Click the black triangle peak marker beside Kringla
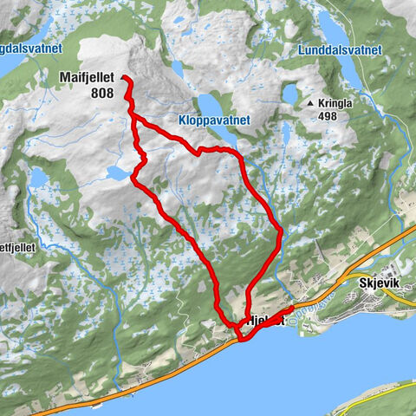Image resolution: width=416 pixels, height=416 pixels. [x=310, y=104]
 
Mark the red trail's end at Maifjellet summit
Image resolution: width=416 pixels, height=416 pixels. [x=124, y=78]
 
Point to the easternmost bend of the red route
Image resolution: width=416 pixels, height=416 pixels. [x=281, y=231]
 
